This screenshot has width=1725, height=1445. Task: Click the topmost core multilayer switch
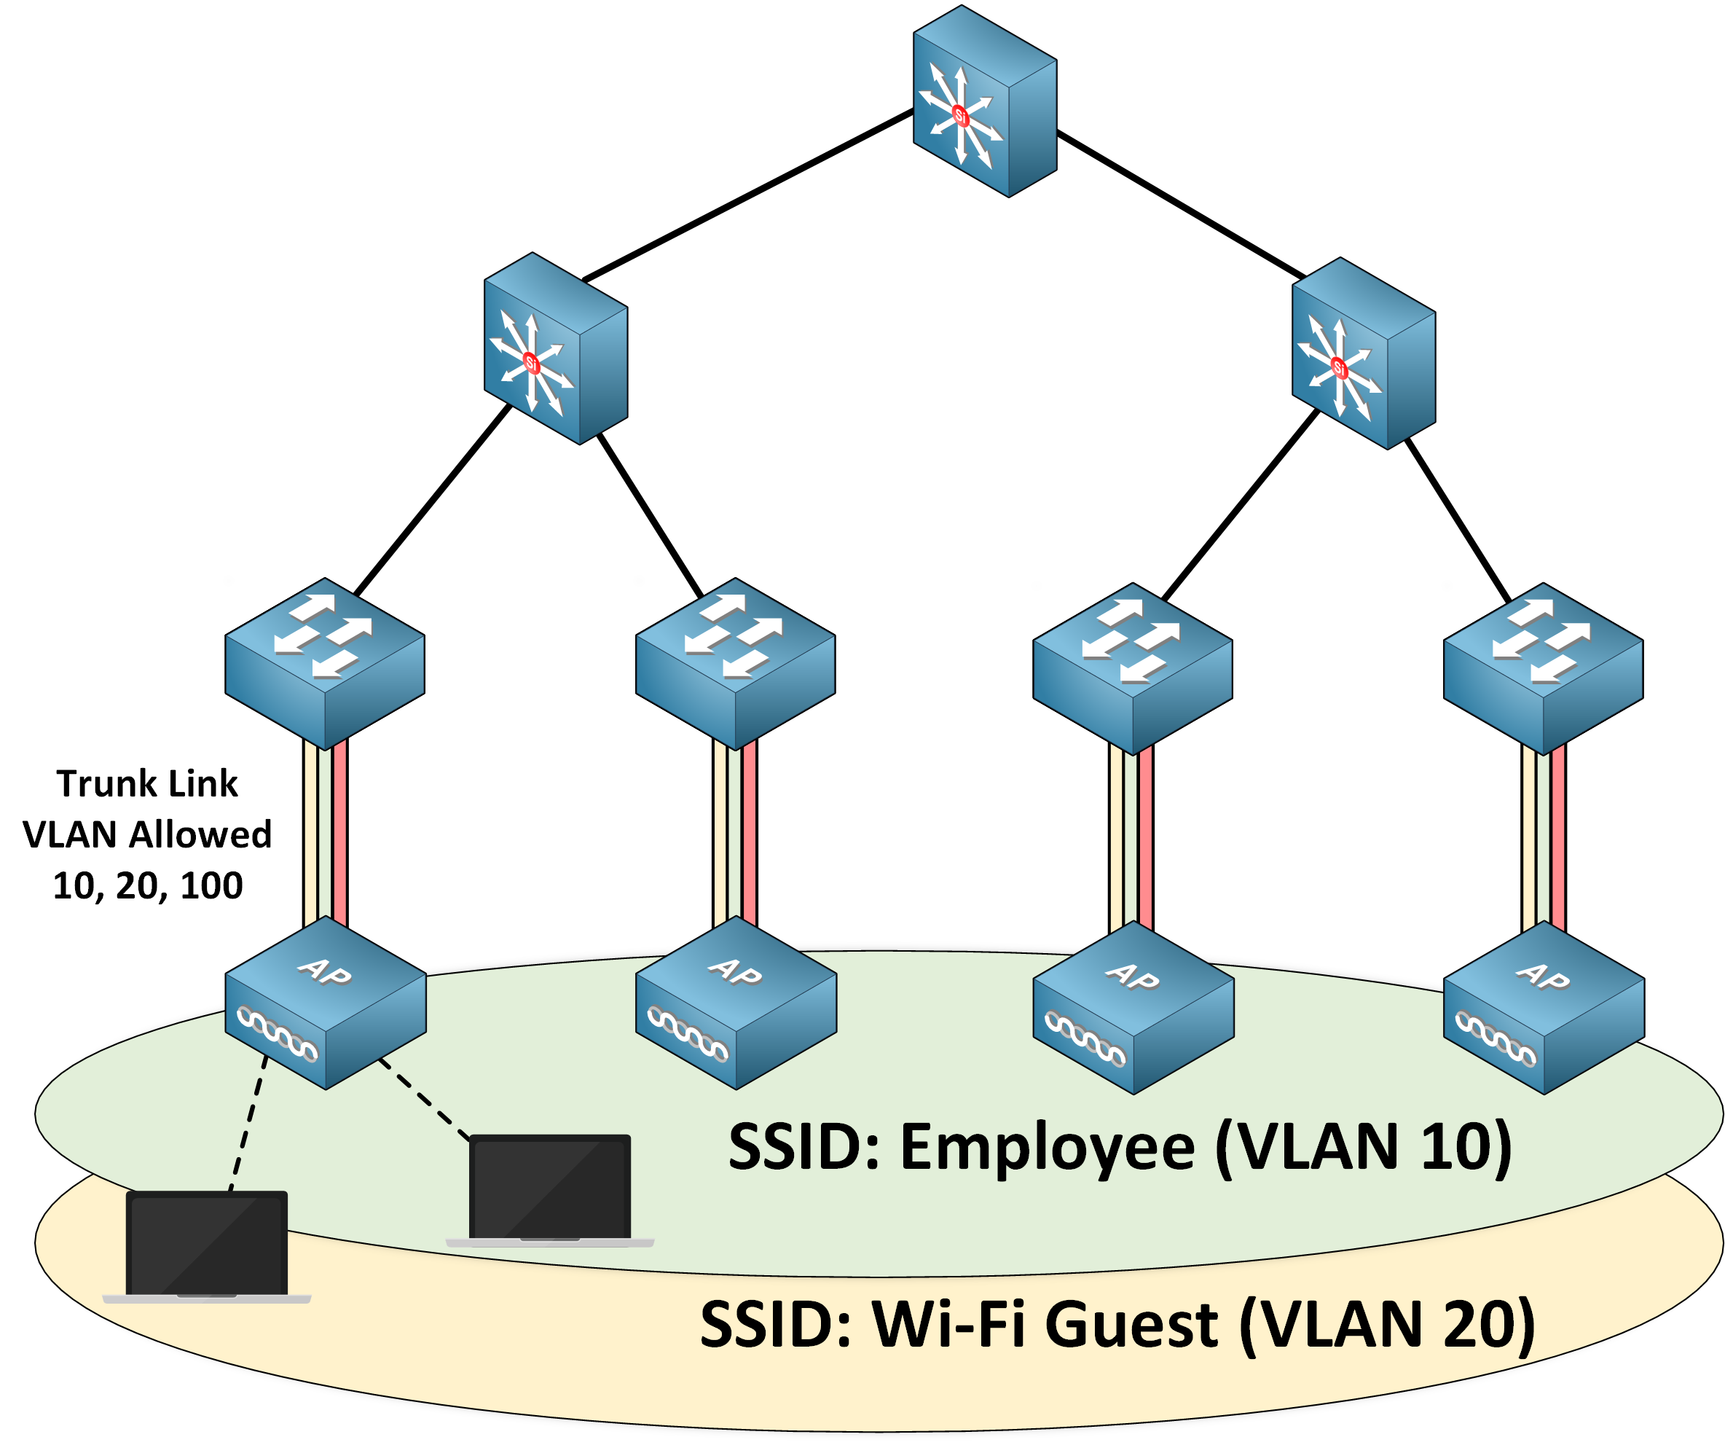984,102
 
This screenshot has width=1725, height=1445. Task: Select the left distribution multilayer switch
555,348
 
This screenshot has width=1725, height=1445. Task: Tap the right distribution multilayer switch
1364,353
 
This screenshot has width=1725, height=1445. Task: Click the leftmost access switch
324,663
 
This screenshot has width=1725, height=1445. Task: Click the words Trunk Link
147,783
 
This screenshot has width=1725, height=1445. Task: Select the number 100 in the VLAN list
211,885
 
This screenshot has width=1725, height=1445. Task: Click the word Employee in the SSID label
1048,1147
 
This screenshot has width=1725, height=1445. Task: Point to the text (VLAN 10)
1363,1147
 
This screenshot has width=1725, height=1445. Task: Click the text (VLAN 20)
1386,1324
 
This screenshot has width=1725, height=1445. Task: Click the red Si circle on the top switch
960,116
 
